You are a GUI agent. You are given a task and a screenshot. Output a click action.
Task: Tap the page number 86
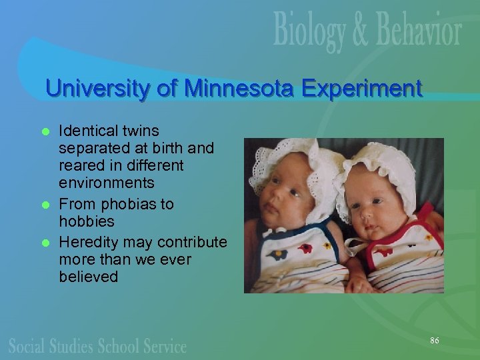435,341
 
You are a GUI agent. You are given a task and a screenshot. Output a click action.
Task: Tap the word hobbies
87,221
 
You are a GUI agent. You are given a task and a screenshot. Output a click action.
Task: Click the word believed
88,276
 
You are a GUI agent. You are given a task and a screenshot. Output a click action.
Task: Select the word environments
107,183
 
